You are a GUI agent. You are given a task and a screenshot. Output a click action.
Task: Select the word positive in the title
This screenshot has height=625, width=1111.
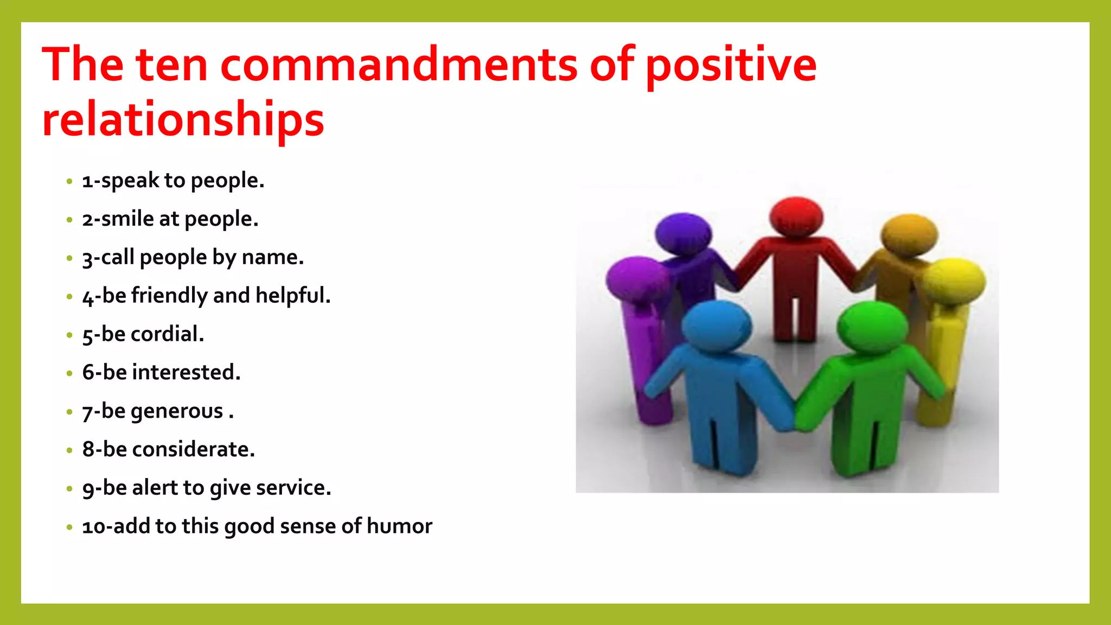point(731,66)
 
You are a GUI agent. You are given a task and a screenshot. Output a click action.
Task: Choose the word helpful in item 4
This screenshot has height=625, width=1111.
point(292,296)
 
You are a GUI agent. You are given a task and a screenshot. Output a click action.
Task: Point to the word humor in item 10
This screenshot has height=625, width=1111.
point(399,526)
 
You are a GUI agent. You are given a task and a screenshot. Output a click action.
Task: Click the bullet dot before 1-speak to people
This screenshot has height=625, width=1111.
point(69,181)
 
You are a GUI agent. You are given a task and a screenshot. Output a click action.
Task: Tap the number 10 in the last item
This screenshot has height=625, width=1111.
point(94,527)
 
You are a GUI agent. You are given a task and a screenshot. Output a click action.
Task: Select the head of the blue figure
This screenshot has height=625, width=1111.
point(716,325)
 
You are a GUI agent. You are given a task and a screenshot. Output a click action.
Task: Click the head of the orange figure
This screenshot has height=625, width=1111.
point(909,234)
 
